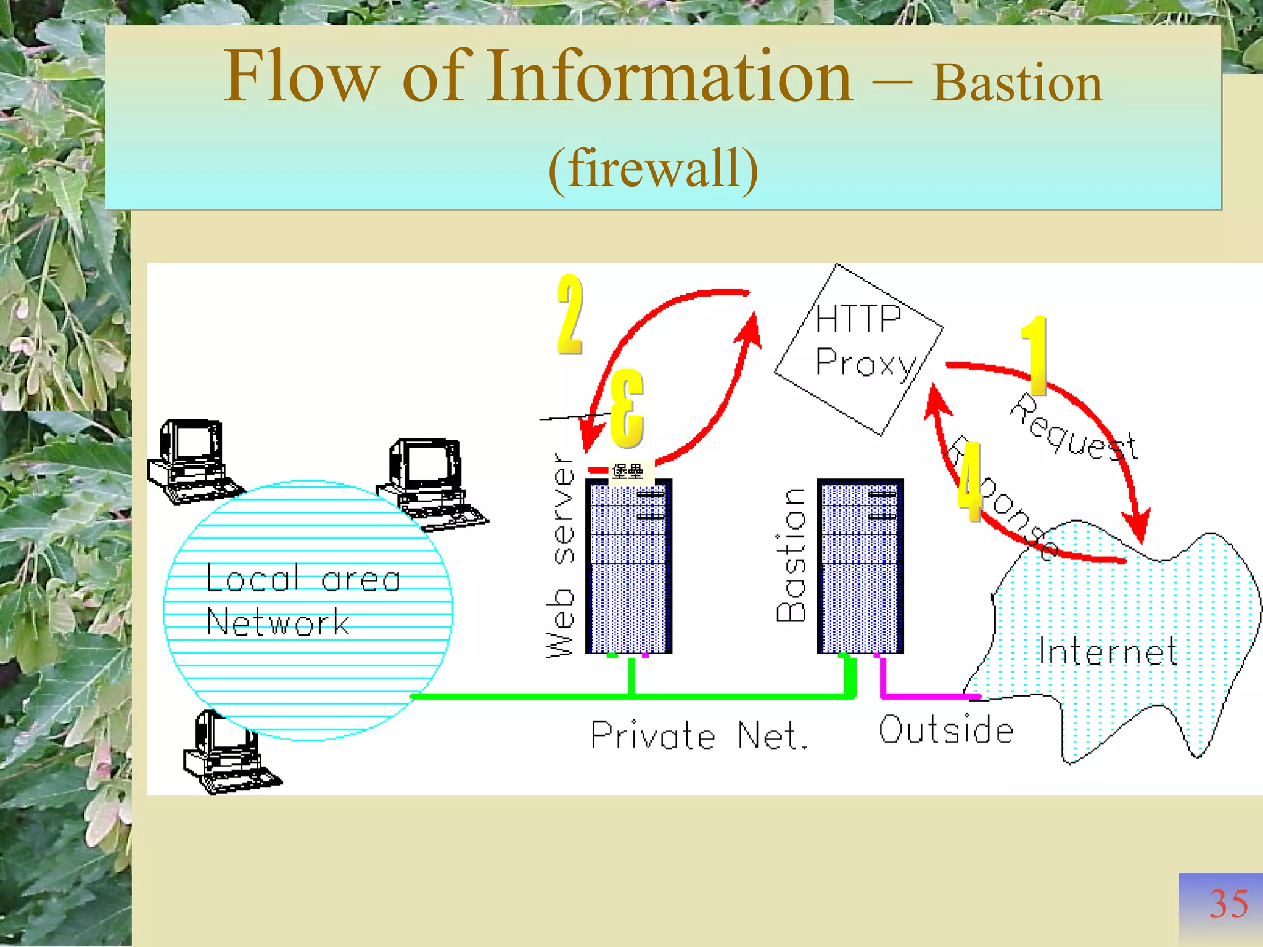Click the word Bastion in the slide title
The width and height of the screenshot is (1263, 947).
[x=1016, y=84]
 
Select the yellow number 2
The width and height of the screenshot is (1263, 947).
[x=570, y=314]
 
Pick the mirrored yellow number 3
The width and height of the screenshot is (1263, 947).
[x=627, y=408]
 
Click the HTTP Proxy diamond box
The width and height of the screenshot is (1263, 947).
[x=858, y=349]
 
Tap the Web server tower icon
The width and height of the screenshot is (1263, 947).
[x=628, y=566]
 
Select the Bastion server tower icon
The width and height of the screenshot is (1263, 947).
[x=860, y=566]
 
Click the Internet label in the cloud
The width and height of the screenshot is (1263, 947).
[x=1107, y=651]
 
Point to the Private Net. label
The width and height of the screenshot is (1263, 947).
[x=698, y=735]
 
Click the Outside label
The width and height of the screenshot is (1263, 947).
[x=946, y=730]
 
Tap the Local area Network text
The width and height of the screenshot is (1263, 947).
[x=302, y=599]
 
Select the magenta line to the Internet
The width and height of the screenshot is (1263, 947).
[x=925, y=696]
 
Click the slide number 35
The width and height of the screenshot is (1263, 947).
[x=1227, y=904]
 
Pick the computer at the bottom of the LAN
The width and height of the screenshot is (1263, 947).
[x=229, y=752]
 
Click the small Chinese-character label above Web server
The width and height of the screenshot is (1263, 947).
[x=628, y=472]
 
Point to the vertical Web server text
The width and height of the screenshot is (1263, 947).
[x=560, y=555]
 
